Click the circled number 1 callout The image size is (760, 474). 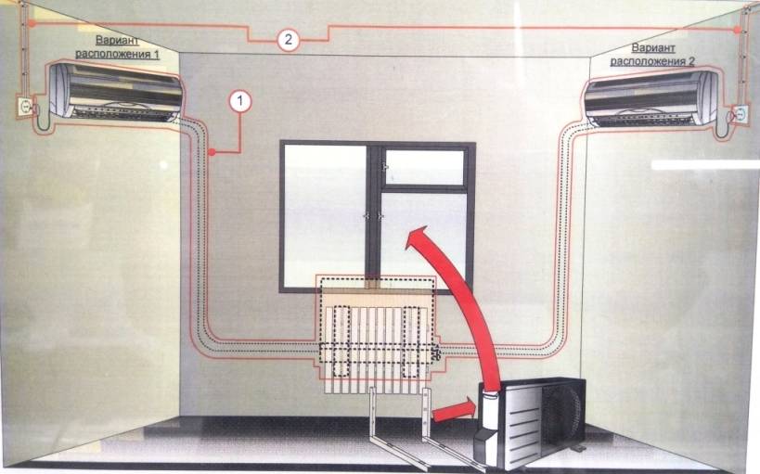click(x=240, y=102)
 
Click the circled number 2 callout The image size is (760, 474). click(x=289, y=39)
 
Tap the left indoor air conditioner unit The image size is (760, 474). click(x=115, y=92)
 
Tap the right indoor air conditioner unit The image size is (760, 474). click(x=651, y=99)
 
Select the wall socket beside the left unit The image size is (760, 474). click(x=24, y=107)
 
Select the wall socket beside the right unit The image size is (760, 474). click(x=741, y=114)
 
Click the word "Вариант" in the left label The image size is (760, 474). click(x=117, y=40)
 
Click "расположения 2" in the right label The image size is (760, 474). click(x=652, y=61)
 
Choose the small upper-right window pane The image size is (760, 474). click(x=425, y=167)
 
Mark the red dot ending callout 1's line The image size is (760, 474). click(x=212, y=153)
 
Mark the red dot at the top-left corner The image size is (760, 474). click(x=32, y=22)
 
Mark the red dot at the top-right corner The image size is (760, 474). click(x=737, y=30)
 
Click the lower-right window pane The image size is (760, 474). click(x=424, y=238)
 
